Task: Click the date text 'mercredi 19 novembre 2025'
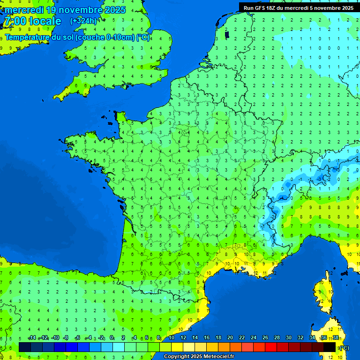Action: [x=65, y=10]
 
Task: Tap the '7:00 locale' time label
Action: [x=32, y=21]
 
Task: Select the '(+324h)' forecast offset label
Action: [x=83, y=21]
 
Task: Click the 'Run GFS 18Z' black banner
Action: [x=299, y=7]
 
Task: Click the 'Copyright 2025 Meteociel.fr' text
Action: [x=199, y=356]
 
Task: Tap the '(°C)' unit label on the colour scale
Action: [x=344, y=348]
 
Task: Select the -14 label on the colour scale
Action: [x=32, y=337]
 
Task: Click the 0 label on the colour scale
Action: [x=112, y=337]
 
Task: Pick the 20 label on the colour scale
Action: [x=230, y=337]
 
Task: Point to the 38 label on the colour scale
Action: [x=336, y=337]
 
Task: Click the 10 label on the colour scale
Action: [x=172, y=337]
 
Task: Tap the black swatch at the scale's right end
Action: [x=330, y=347]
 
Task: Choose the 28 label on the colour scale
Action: [x=277, y=337]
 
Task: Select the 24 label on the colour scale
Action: [x=253, y=337]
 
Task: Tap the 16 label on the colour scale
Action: [x=206, y=337]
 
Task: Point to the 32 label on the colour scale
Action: [x=300, y=337]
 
